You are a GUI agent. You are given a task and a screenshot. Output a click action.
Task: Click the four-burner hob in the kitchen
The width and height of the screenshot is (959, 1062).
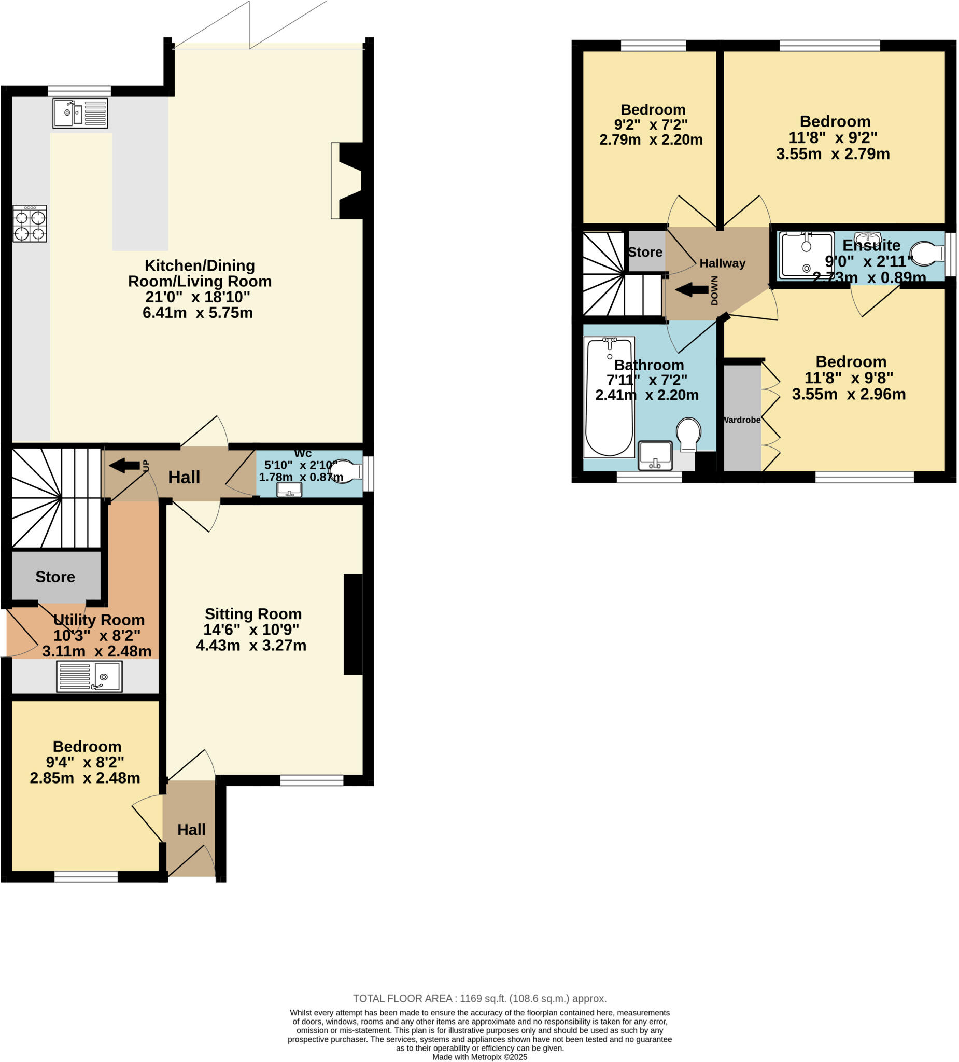click(x=30, y=224)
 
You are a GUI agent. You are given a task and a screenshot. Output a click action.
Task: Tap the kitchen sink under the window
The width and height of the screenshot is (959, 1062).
click(x=80, y=113)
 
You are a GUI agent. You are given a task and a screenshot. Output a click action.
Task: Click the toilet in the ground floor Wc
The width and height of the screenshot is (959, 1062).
click(x=346, y=470)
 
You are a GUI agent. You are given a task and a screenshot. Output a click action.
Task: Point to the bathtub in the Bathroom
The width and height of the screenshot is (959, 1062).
click(x=609, y=398)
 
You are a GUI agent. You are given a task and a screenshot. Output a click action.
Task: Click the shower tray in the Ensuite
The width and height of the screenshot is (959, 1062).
click(x=806, y=255)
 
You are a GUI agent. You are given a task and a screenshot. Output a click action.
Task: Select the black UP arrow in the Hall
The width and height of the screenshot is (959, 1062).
click(x=124, y=465)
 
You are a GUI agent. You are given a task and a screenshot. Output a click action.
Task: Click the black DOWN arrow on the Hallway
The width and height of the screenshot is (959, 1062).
click(x=692, y=290)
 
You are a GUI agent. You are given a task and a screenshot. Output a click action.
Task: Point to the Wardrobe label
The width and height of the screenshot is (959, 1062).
click(x=741, y=420)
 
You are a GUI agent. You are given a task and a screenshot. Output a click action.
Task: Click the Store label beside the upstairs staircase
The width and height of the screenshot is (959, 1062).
click(x=646, y=253)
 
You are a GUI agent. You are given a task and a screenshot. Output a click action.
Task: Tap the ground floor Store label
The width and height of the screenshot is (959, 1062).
click(x=55, y=577)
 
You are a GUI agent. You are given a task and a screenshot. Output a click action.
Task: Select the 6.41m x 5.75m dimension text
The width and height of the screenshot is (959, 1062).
click(x=198, y=313)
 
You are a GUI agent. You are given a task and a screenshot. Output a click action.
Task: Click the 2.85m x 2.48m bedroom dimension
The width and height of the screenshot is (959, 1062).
click(x=85, y=778)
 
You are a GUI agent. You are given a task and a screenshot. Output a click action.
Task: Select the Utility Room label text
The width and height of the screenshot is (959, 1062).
click(x=99, y=620)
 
